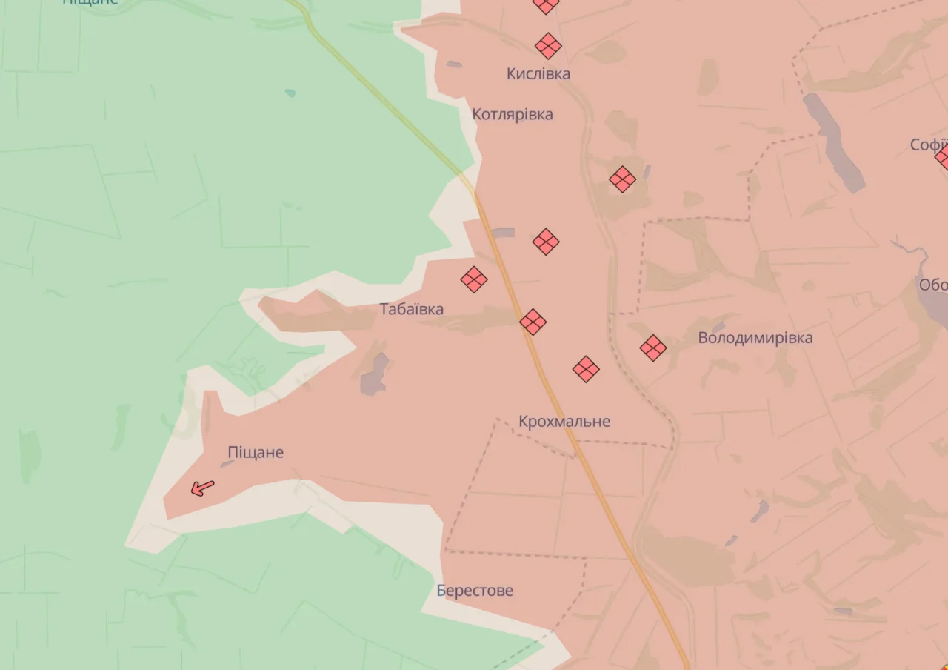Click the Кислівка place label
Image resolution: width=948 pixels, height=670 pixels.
[x=538, y=73]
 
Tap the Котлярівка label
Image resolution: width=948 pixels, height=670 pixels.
[x=513, y=114]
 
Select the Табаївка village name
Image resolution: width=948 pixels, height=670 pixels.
[x=412, y=309]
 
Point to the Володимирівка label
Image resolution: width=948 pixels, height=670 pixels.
[x=755, y=338]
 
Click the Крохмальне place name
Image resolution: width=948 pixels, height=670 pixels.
[x=564, y=422]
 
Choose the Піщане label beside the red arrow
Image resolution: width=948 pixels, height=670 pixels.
[x=256, y=452]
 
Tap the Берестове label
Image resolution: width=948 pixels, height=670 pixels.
[x=475, y=591]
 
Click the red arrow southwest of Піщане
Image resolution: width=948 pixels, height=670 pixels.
[x=201, y=488]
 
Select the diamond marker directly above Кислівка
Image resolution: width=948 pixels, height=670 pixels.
[x=548, y=46]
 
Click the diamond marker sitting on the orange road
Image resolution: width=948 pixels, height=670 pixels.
[x=533, y=322]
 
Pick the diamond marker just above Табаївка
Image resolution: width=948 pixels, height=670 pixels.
[x=474, y=279]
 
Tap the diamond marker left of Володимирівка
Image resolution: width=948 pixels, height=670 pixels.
[x=653, y=348]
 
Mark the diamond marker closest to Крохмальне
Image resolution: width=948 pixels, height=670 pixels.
[x=586, y=368]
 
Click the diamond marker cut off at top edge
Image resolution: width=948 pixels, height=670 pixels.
[x=546, y=4]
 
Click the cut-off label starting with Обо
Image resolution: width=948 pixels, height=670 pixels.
[x=933, y=285]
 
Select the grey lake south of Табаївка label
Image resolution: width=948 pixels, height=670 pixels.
[x=374, y=374]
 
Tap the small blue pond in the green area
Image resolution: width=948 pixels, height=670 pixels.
[x=290, y=93]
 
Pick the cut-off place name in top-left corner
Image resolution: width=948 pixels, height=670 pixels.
[x=90, y=2]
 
